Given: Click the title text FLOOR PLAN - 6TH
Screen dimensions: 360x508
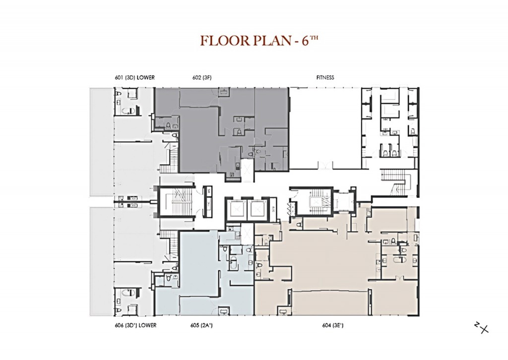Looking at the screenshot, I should [258, 41].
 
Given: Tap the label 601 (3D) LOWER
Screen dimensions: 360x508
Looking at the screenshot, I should [135, 77].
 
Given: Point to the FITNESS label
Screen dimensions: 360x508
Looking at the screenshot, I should [325, 77].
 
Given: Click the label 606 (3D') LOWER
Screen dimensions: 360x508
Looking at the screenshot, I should [135, 325].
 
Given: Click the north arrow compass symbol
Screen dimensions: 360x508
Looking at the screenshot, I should [482, 327].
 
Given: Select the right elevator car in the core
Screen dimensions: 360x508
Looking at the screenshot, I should [258, 210].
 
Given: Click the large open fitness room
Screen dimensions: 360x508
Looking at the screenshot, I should [325, 126].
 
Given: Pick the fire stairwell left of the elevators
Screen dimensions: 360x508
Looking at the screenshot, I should [173, 202].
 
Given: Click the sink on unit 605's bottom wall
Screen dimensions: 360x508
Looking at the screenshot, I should [224, 311].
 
